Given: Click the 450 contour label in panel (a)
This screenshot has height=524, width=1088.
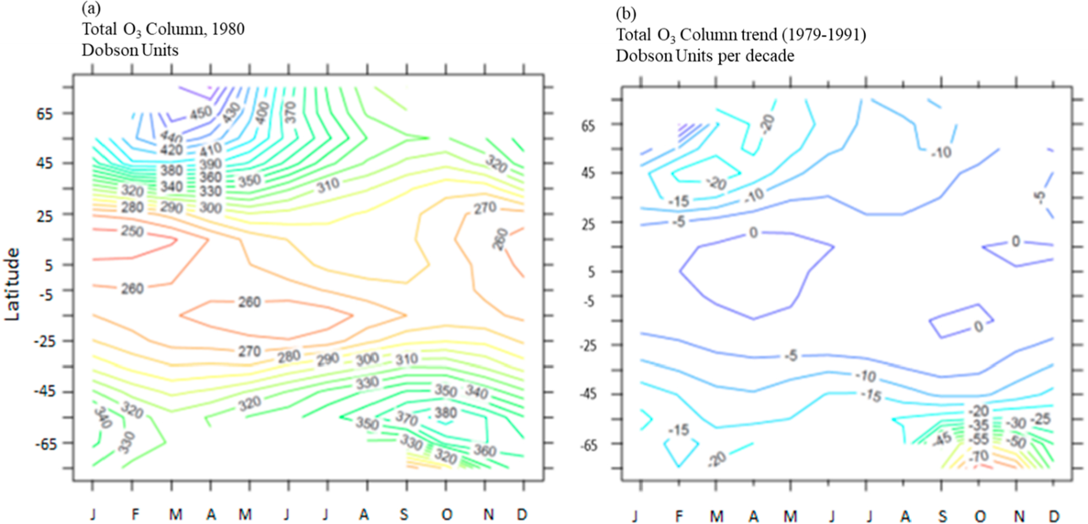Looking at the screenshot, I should click(201, 113).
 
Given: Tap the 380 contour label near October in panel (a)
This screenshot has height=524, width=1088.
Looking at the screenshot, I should click(446, 412).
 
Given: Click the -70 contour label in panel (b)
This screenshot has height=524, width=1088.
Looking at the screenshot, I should click(979, 456).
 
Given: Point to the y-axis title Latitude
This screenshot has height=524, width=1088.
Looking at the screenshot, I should click(12, 284).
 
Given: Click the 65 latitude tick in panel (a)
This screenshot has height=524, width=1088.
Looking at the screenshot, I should click(45, 114).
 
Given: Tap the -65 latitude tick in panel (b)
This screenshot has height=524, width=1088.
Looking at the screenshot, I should click(588, 445).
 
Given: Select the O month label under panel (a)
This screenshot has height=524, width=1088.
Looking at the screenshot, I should click(447, 515).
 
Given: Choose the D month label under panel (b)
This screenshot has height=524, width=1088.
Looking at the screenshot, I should click(1054, 516).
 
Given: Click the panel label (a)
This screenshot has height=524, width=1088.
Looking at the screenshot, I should click(91, 9).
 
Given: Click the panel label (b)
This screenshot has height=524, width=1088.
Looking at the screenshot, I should click(625, 13).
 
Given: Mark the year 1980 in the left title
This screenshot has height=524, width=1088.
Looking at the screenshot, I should click(227, 29).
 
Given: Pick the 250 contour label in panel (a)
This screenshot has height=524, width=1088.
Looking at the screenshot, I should click(132, 231).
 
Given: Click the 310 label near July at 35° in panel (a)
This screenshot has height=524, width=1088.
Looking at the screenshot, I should click(328, 186).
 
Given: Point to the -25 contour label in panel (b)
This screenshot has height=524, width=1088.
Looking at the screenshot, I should click(1040, 420).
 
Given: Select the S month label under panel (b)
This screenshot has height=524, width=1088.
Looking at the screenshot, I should click(943, 516).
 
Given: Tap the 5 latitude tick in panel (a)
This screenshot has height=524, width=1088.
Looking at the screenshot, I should click(48, 266).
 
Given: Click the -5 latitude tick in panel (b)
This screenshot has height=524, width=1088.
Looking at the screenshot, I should click(589, 301).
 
